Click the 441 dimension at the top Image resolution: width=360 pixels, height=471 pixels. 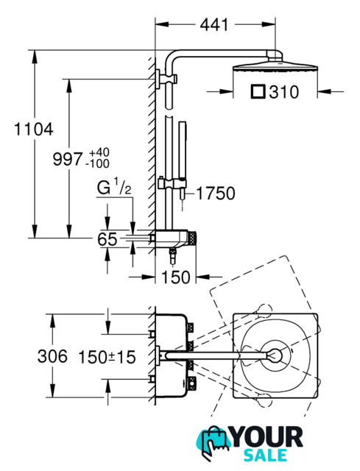click(214, 24)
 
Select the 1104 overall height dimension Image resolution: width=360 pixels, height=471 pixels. click(34, 130)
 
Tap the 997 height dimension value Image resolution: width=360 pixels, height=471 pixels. click(67, 159)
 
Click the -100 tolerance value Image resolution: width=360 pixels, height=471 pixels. click(97, 163)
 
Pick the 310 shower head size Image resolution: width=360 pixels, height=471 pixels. click(284, 92)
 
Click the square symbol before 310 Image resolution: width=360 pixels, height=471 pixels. click(258, 92)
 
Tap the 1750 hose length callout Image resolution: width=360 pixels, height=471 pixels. click(216, 194)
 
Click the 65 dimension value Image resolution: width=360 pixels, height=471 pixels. click(107, 239)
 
